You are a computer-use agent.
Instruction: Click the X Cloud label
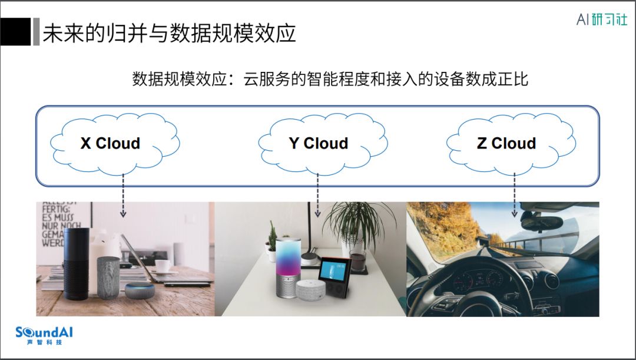coord(110,143)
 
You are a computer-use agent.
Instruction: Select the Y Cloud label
coord(319,143)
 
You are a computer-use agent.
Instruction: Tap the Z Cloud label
coord(506,143)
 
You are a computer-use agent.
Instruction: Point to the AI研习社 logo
coord(601,19)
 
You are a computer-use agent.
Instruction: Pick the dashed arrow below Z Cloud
coord(515,194)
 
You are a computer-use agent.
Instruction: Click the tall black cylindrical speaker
coord(76,256)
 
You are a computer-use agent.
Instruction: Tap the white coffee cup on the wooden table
coord(163,266)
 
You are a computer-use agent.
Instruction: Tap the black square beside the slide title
coord(15,33)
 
